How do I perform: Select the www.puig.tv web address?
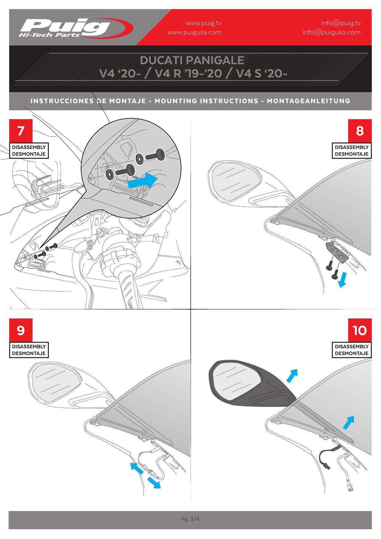pyautogui.click(x=203, y=23)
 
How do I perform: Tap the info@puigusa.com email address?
pyautogui.click(x=331, y=32)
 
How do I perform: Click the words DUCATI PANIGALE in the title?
pyautogui.click(x=192, y=60)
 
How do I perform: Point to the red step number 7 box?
pyautogui.click(x=21, y=131)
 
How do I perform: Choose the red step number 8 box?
pyautogui.click(x=359, y=131)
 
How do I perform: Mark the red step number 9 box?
pyautogui.click(x=21, y=330)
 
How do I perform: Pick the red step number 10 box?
pyautogui.click(x=359, y=330)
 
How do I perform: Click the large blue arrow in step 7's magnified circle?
pyautogui.click(x=142, y=181)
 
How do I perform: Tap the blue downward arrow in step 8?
pyautogui.click(x=342, y=280)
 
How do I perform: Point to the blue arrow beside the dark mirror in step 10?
pyautogui.click(x=292, y=376)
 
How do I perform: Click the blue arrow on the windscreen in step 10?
pyautogui.click(x=349, y=422)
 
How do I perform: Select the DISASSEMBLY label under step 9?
pyautogui.click(x=29, y=347)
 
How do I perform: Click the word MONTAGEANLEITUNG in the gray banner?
pyautogui.click(x=309, y=101)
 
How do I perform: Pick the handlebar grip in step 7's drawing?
pyautogui.click(x=132, y=289)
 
